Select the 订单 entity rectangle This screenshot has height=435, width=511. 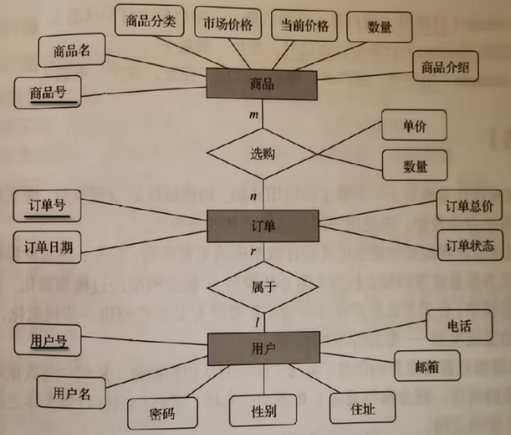click(262, 225)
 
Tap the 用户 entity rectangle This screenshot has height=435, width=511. click(262, 347)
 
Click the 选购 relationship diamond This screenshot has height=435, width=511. click(262, 154)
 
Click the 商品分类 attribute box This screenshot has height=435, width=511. click(151, 22)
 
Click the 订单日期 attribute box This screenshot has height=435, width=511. click(48, 247)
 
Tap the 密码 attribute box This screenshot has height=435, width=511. click(163, 412)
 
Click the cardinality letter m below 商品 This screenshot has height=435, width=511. click(253, 115)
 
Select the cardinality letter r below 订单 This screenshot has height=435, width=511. click(254, 252)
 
